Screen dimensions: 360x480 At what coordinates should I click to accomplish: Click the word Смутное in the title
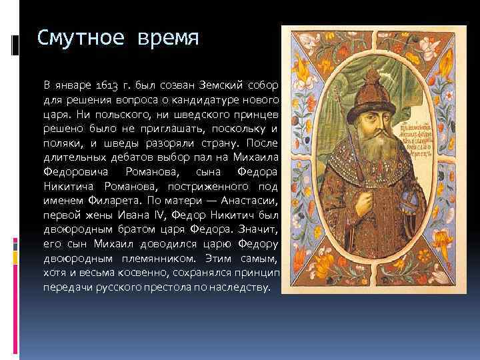[x=77, y=37]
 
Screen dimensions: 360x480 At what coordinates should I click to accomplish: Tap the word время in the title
[x=165, y=37]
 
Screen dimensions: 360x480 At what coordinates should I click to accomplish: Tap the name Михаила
[x=253, y=157]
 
